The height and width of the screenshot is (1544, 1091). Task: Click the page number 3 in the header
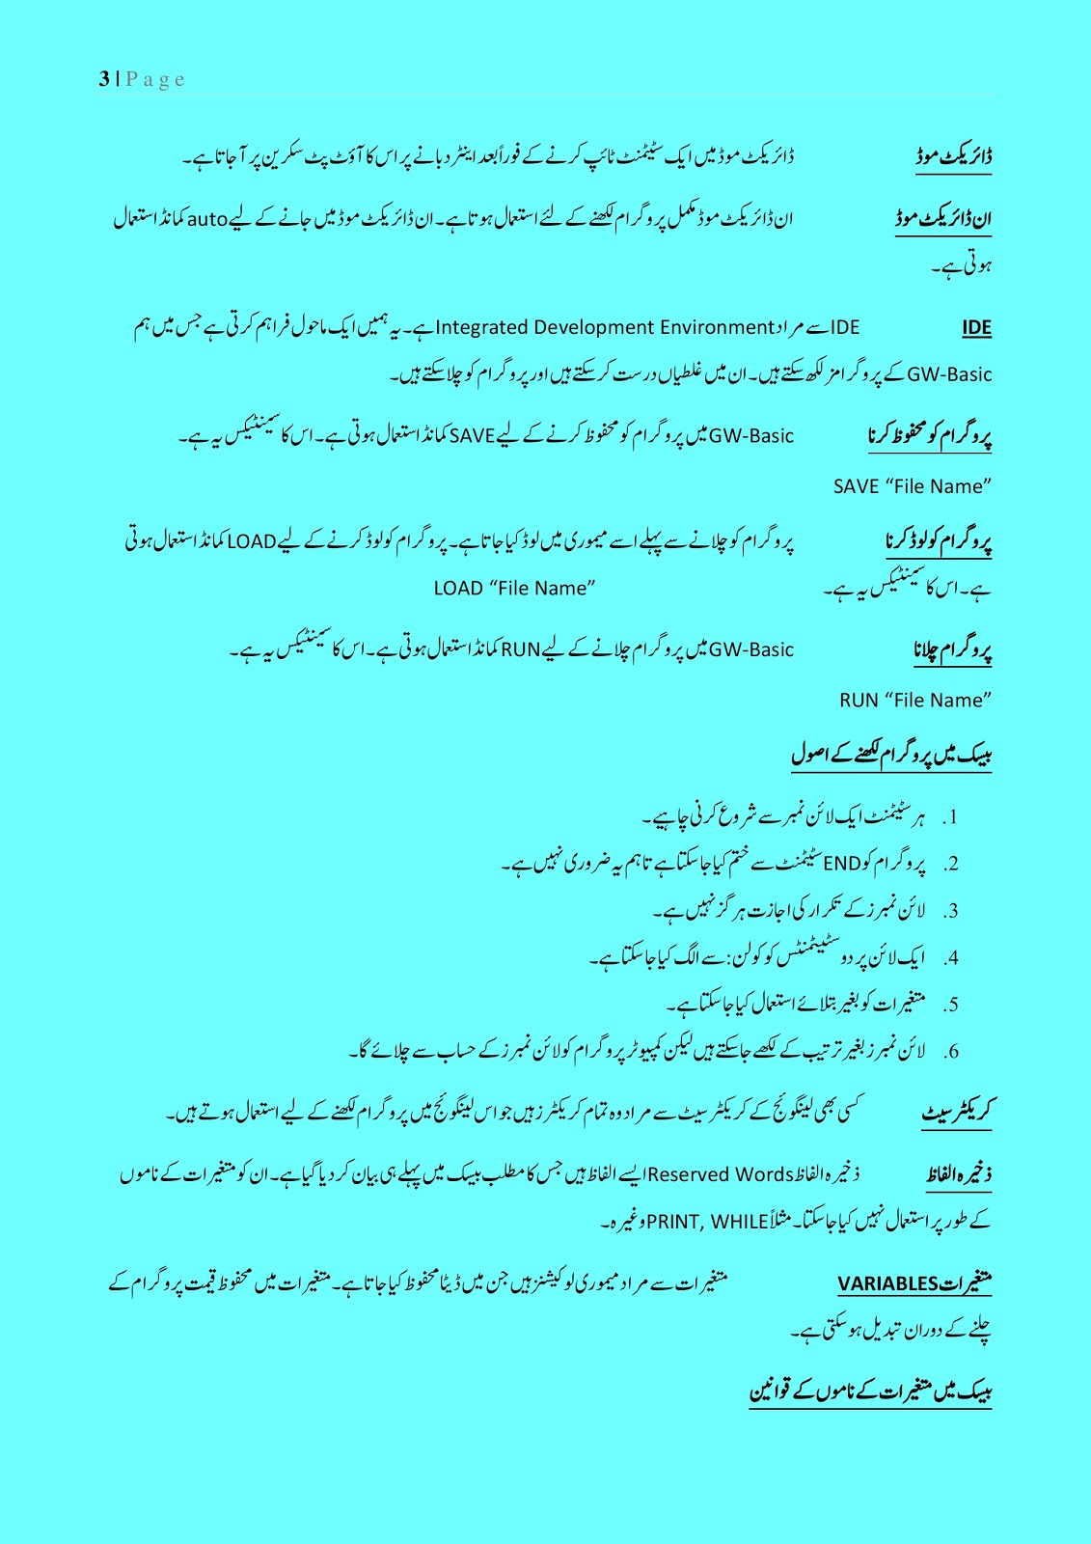tap(103, 79)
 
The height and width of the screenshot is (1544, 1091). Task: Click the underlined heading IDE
tap(976, 328)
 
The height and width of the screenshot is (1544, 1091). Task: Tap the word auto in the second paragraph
tap(206, 219)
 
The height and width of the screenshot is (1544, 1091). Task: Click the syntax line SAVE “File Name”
tap(913, 487)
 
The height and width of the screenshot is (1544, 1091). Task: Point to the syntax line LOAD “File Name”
tap(514, 589)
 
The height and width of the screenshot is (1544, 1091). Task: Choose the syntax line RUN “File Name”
tap(915, 701)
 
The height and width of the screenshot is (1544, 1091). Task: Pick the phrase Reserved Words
tap(721, 1175)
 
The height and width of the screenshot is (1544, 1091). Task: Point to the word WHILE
tap(740, 1223)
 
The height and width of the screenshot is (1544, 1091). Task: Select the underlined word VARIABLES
tap(887, 1284)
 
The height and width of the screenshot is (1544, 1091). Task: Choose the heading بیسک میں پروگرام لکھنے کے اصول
tap(891, 755)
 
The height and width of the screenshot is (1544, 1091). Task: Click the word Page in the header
tap(155, 79)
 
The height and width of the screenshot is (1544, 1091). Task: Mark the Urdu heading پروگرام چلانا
tap(952, 651)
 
